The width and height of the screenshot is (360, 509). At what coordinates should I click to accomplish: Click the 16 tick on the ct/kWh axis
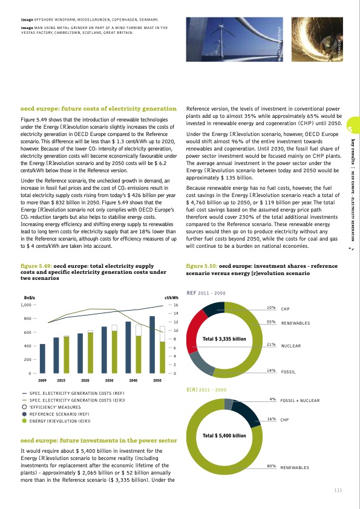tap(175, 305)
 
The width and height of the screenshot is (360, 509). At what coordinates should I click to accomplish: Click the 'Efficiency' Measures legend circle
tap(24, 406)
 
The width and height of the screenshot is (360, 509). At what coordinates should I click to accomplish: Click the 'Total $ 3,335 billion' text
tap(224, 338)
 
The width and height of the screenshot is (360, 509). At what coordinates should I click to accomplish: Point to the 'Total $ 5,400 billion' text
tap(224, 435)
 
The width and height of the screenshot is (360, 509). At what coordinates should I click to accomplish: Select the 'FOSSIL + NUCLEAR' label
tap(299, 401)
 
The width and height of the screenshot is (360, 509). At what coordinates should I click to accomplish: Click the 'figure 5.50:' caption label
tap(201, 265)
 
